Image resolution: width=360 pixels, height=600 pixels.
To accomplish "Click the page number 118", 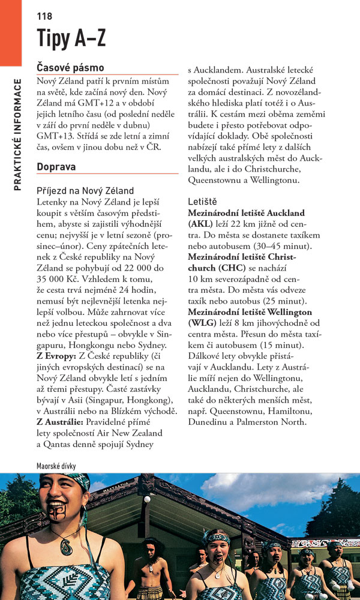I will (44, 16).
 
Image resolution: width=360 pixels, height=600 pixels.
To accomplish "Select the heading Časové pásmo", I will (70, 68).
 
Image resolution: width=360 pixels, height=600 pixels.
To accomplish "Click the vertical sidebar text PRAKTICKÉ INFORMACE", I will (17, 135).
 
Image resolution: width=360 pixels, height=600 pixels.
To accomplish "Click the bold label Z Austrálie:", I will (62, 422).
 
